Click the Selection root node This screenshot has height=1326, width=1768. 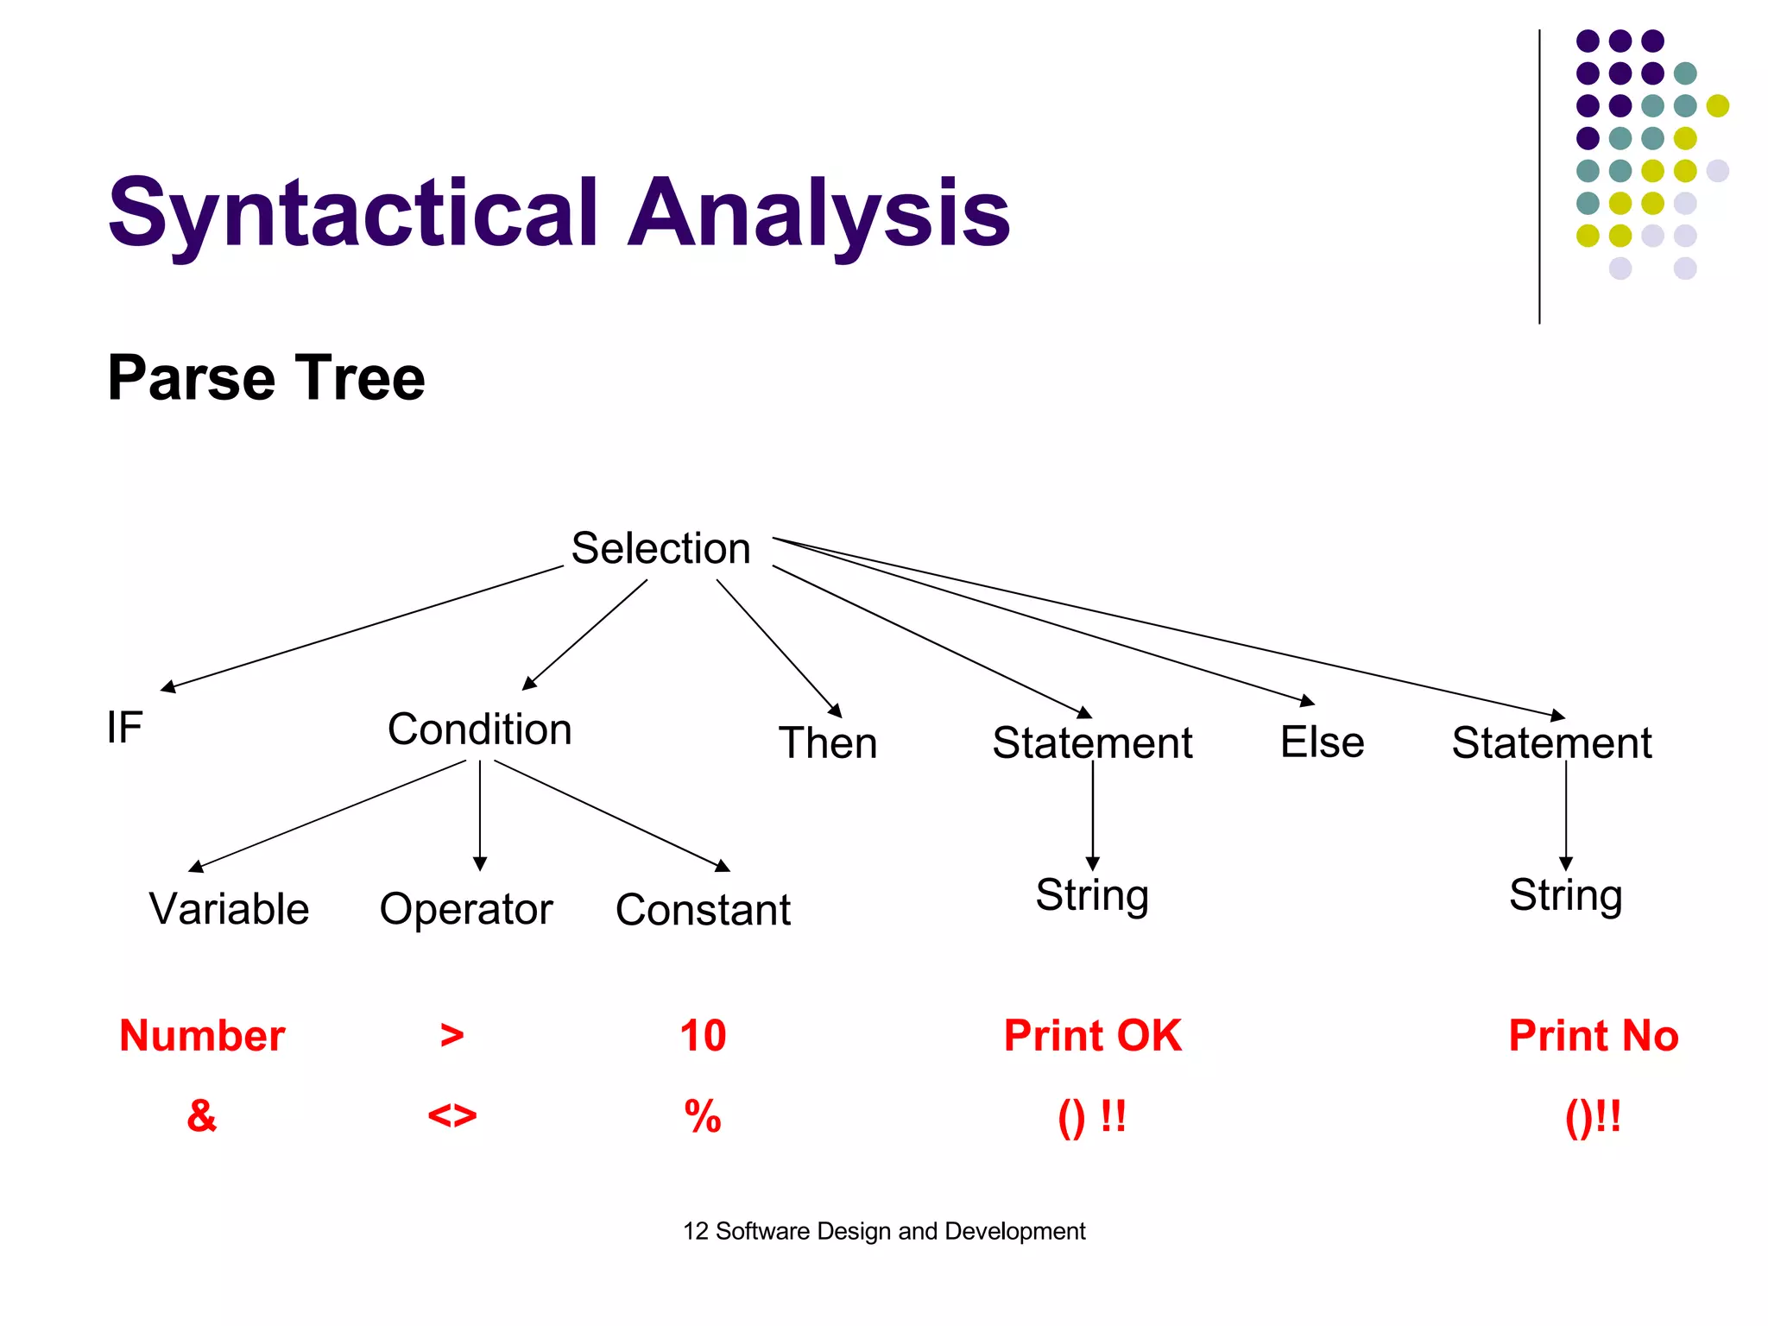pos(660,549)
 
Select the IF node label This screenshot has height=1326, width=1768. pos(124,727)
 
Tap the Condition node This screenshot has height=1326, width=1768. pos(479,729)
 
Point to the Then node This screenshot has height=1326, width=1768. pos(827,743)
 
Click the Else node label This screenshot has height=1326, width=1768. pos(1322,742)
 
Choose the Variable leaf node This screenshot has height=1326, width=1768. pos(229,909)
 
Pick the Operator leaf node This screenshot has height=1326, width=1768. pos(465,909)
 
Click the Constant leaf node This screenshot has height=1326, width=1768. pos(703,910)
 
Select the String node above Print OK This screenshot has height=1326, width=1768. pos(1092,895)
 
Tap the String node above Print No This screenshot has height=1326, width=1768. pos(1565,895)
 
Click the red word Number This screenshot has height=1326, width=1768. pos(202,1035)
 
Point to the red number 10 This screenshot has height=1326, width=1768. pos(703,1035)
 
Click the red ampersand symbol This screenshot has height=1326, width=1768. pos(201,1115)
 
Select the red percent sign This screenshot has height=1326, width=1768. pos(703,1116)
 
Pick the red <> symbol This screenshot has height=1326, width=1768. pos(451,1116)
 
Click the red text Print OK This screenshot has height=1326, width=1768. pos(1092,1035)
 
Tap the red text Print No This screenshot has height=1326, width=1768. pos(1593,1035)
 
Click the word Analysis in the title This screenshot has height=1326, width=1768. pos(818,213)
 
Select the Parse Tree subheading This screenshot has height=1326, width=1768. pos(266,378)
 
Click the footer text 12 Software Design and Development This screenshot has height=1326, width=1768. pos(884,1231)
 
